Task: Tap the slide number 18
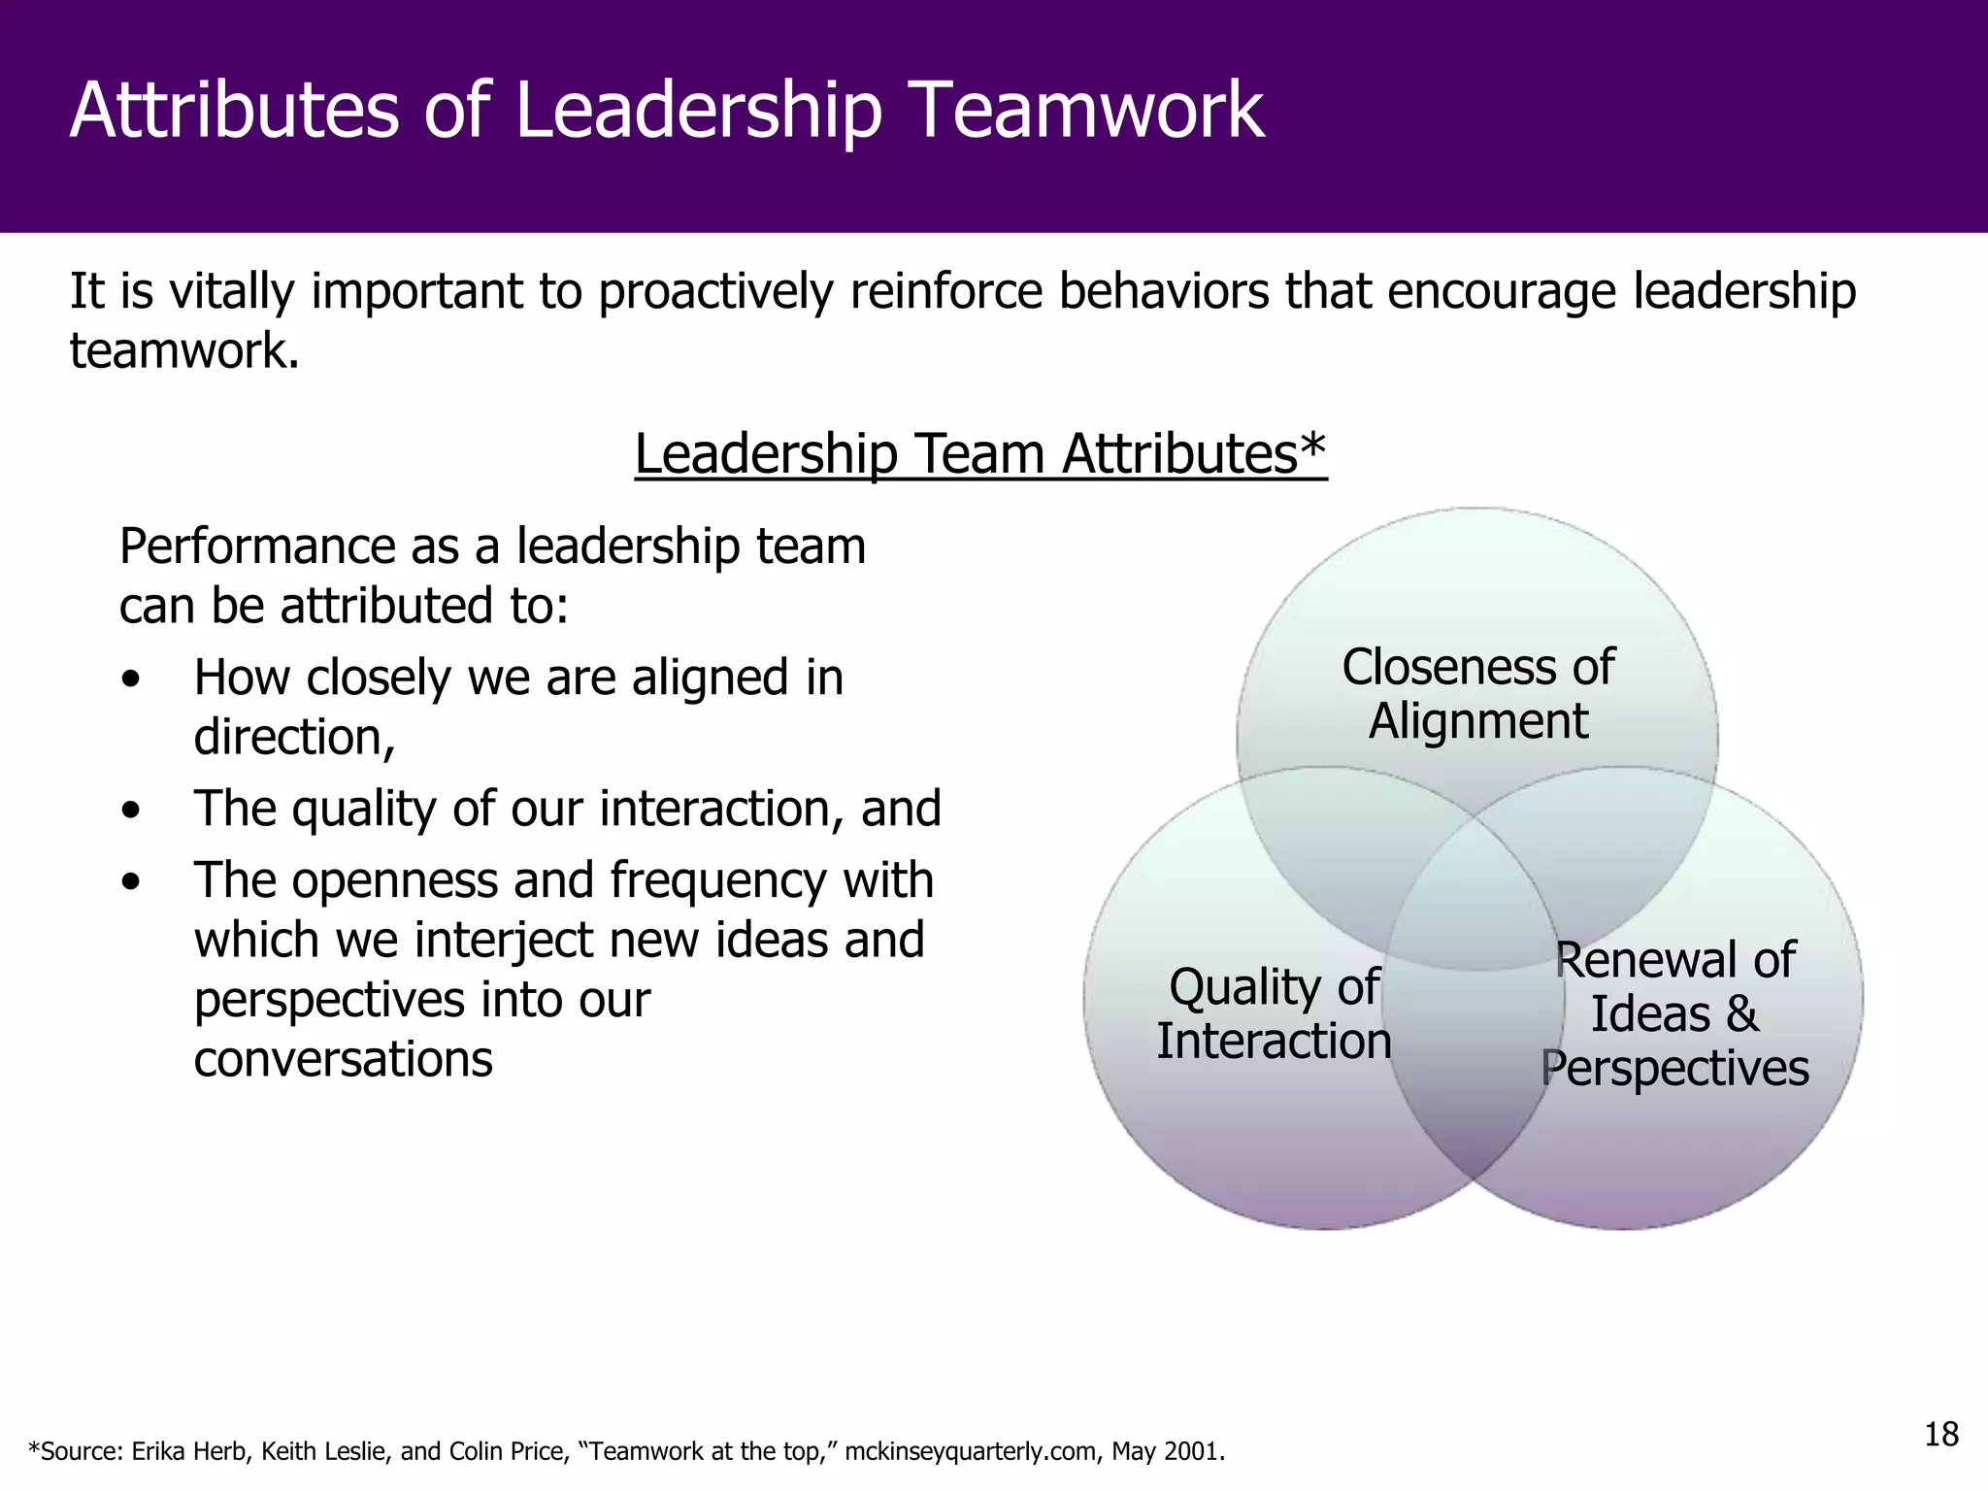click(x=1941, y=1434)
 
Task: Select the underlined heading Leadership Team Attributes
click(x=980, y=453)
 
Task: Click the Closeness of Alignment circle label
click(x=1477, y=694)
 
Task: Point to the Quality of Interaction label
click(x=1274, y=1013)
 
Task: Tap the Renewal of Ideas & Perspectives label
click(x=1674, y=1013)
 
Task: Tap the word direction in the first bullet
click(x=293, y=738)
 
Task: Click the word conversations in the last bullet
click(x=343, y=1059)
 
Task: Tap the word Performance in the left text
click(x=256, y=547)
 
